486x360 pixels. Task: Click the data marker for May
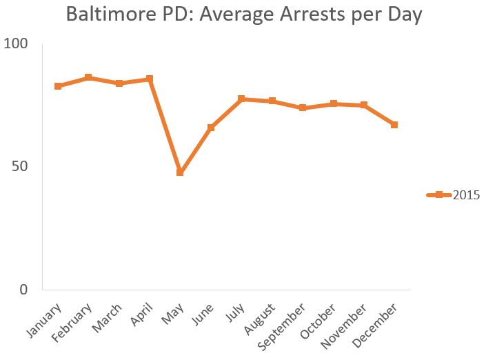[180, 172]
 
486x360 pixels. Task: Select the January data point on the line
[58, 86]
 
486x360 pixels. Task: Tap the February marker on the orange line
[88, 78]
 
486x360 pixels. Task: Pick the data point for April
[150, 79]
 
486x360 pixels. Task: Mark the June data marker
[211, 128]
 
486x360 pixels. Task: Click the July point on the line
[241, 99]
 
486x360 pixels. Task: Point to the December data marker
[394, 125]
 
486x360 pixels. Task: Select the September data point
[303, 108]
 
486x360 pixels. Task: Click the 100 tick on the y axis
[16, 44]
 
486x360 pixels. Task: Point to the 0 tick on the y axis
[23, 290]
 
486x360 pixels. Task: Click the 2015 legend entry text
[466, 195]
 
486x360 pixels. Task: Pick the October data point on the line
[333, 104]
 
